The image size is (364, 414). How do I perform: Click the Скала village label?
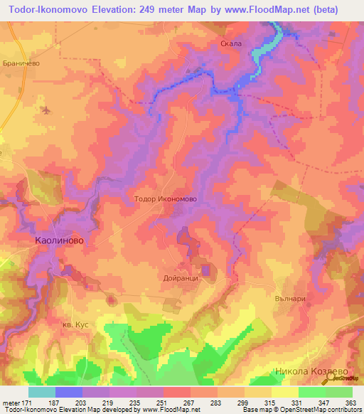coord(231,44)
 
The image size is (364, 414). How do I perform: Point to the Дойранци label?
coord(180,280)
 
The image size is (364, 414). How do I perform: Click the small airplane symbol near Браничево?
coord(47,110)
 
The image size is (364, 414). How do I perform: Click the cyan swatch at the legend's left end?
coord(41,392)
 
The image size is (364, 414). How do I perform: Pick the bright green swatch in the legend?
coord(311,392)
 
